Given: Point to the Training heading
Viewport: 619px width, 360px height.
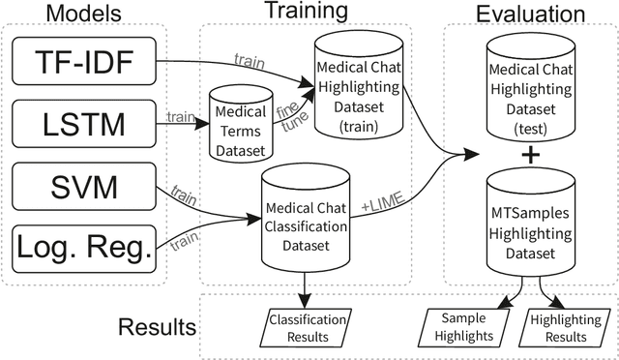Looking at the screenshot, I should (306, 13).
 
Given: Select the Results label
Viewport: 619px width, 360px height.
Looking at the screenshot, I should (157, 326).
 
